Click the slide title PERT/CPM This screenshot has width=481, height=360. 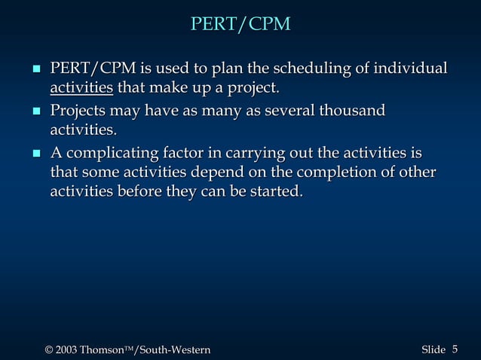pyautogui.click(x=240, y=24)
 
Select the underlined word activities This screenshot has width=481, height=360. pyautogui.click(x=81, y=90)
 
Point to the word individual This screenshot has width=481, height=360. pyautogui.click(x=412, y=69)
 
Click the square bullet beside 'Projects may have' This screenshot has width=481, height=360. pyautogui.click(x=35, y=112)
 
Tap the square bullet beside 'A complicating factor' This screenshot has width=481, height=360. pyautogui.click(x=35, y=154)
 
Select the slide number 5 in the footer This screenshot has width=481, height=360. pyautogui.click(x=455, y=349)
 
